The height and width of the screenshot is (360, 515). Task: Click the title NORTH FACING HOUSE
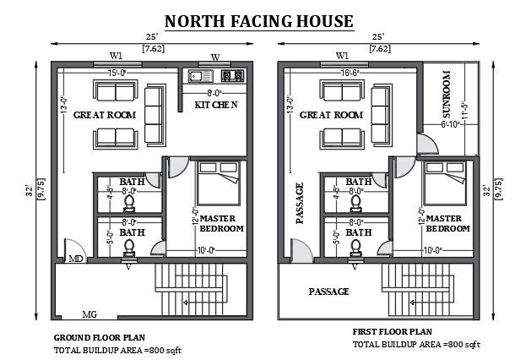(258, 19)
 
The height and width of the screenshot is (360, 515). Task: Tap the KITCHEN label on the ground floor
(215, 105)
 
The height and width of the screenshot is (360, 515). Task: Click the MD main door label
(75, 258)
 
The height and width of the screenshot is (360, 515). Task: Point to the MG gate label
(89, 314)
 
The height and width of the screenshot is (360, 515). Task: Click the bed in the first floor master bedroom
(445, 181)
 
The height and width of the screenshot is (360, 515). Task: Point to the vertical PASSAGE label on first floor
(299, 203)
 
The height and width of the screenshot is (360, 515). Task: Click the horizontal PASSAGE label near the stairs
(328, 291)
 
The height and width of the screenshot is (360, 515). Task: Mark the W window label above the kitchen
(214, 57)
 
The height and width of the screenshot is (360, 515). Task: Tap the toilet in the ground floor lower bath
(129, 246)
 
